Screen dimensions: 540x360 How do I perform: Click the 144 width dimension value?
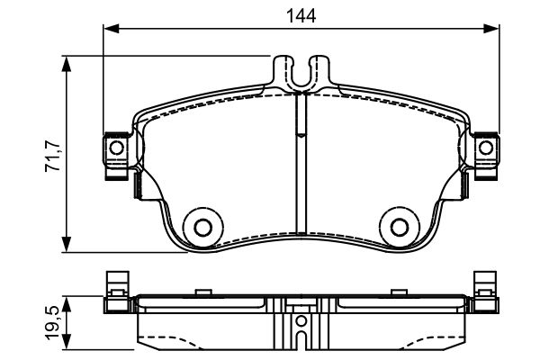301,16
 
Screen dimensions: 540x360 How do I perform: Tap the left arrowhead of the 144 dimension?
111,29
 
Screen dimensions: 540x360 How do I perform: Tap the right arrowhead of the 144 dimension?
491,29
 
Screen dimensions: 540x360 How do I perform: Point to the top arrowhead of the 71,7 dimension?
66,63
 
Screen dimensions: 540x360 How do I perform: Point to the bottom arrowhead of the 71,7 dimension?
66,245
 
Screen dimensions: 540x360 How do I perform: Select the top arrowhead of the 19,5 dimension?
66,304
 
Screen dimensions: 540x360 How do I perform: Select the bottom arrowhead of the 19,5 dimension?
66,342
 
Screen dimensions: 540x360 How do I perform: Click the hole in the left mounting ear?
116,148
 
